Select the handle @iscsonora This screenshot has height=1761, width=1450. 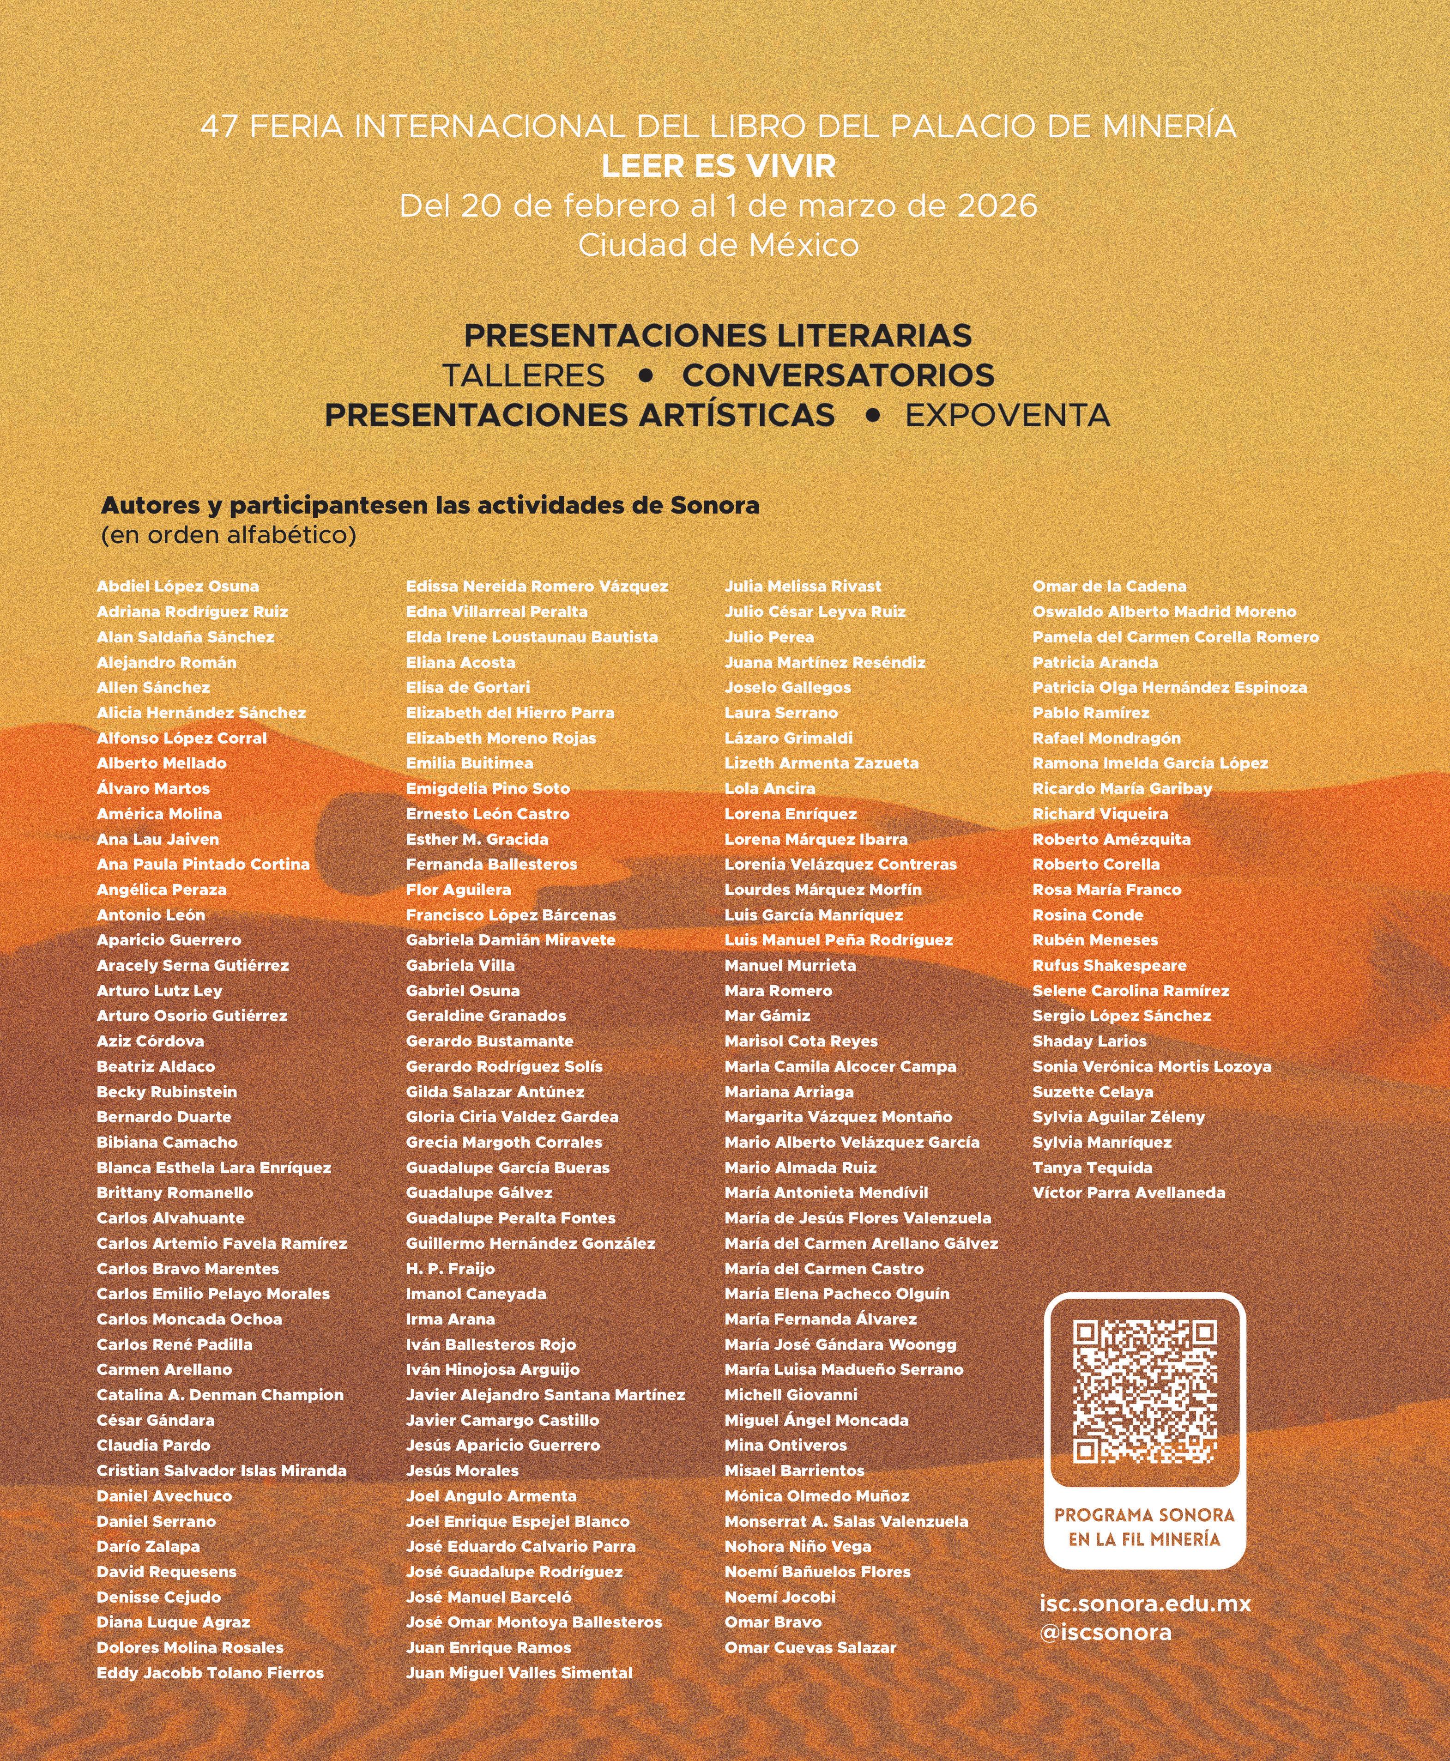[x=1105, y=1632]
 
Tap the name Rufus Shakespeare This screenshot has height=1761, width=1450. [x=1109, y=965]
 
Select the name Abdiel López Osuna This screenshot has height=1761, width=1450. [x=178, y=587]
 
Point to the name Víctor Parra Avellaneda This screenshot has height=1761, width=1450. [x=1129, y=1193]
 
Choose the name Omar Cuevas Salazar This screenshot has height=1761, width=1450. [x=810, y=1647]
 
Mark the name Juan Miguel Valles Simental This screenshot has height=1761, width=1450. [x=520, y=1672]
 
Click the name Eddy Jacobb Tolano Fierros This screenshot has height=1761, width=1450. [x=211, y=1672]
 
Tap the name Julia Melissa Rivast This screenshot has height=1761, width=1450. [x=803, y=587]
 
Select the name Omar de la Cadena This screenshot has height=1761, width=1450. [x=1109, y=587]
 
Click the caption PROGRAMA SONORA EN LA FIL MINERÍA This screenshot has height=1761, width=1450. [x=1144, y=1526]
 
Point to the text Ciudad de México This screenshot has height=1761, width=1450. [x=719, y=245]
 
